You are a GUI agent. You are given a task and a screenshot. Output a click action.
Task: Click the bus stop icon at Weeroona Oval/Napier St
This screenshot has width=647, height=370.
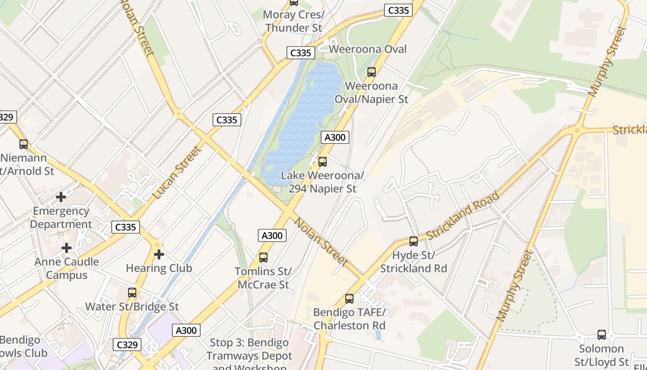pyautogui.click(x=371, y=72)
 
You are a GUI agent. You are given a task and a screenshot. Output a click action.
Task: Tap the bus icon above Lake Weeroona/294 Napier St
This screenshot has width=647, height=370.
pyautogui.click(x=323, y=162)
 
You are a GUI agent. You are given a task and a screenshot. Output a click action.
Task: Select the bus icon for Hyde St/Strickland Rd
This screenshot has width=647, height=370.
pyautogui.click(x=414, y=241)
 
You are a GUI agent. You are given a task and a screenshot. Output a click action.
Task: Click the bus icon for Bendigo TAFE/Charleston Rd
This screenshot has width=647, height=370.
pyautogui.click(x=349, y=299)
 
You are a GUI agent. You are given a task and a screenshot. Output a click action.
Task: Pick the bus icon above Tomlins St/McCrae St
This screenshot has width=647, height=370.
pyautogui.click(x=263, y=258)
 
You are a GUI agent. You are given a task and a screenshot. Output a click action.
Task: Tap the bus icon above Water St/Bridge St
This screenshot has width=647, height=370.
pyautogui.click(x=132, y=293)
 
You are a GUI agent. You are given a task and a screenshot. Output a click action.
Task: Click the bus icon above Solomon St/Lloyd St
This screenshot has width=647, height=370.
pyautogui.click(x=602, y=335)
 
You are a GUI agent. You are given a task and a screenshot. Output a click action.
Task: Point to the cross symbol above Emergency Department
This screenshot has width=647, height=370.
pyautogui.click(x=61, y=197)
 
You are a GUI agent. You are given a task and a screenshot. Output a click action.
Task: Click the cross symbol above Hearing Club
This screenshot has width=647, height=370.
pyautogui.click(x=159, y=254)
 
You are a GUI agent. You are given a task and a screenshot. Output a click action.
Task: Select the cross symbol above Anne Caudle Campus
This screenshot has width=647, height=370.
pyautogui.click(x=67, y=248)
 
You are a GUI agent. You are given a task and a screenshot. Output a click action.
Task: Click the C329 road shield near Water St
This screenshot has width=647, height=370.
pyautogui.click(x=127, y=345)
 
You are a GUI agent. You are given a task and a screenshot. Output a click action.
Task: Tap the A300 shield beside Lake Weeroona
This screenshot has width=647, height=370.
pyautogui.click(x=335, y=137)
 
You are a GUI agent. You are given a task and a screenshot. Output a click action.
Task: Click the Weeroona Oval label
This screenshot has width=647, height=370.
pyautogui.click(x=368, y=49)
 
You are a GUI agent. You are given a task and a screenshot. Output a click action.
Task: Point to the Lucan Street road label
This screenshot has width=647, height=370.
pyautogui.click(x=177, y=173)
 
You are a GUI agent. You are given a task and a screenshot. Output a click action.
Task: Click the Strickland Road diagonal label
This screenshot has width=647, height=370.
pyautogui.click(x=463, y=216)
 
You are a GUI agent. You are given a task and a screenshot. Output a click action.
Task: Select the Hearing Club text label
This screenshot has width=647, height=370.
pyautogui.click(x=159, y=268)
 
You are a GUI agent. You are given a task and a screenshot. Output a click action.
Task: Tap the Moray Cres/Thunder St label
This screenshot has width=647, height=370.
pyautogui.click(x=293, y=21)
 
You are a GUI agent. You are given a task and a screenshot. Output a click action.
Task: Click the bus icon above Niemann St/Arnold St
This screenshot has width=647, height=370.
pyautogui.click(x=24, y=144)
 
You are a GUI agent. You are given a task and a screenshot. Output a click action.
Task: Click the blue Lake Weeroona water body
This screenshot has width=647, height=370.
pyautogui.click(x=305, y=120)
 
